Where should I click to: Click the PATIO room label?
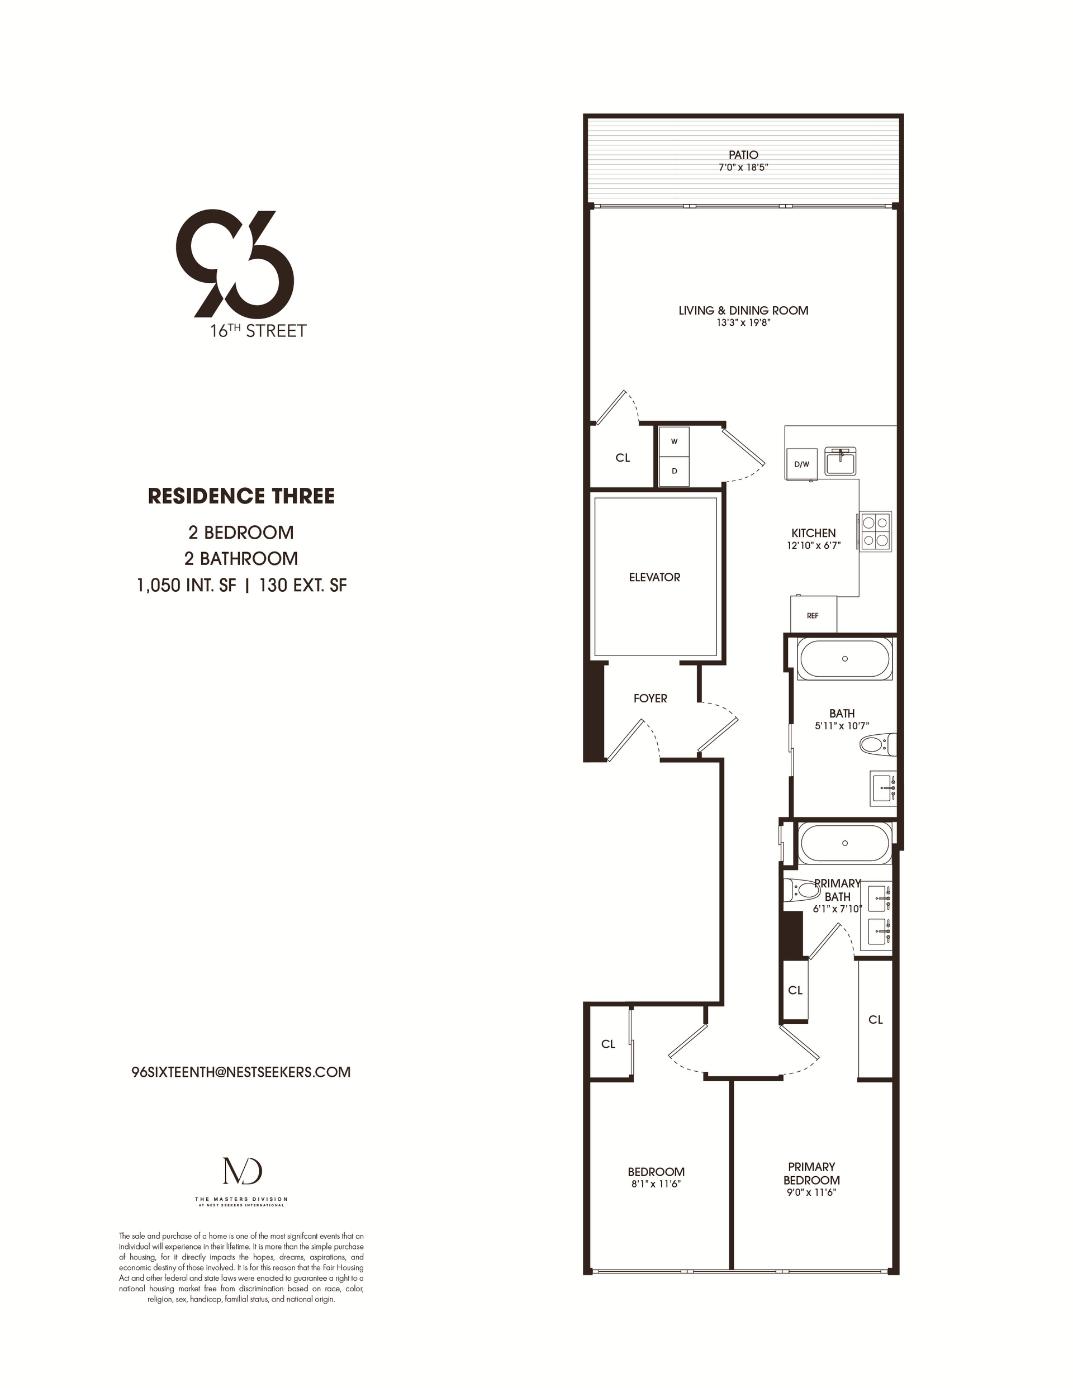(743, 154)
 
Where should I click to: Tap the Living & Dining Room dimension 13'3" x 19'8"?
(743, 323)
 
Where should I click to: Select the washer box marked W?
(674, 441)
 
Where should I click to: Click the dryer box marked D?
(674, 471)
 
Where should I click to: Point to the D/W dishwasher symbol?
(801, 464)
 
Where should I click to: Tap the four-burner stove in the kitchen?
(875, 531)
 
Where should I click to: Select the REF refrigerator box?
(813, 615)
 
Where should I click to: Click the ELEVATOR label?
(654, 577)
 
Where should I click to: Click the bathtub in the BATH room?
(844, 659)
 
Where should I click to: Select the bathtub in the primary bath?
(844, 843)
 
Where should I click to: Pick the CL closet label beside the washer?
(623, 458)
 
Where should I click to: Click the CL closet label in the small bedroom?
(609, 1044)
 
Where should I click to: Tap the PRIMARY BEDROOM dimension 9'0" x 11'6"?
(811, 1193)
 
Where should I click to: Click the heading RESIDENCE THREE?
(241, 496)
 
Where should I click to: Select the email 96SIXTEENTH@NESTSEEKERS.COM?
(241, 1072)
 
